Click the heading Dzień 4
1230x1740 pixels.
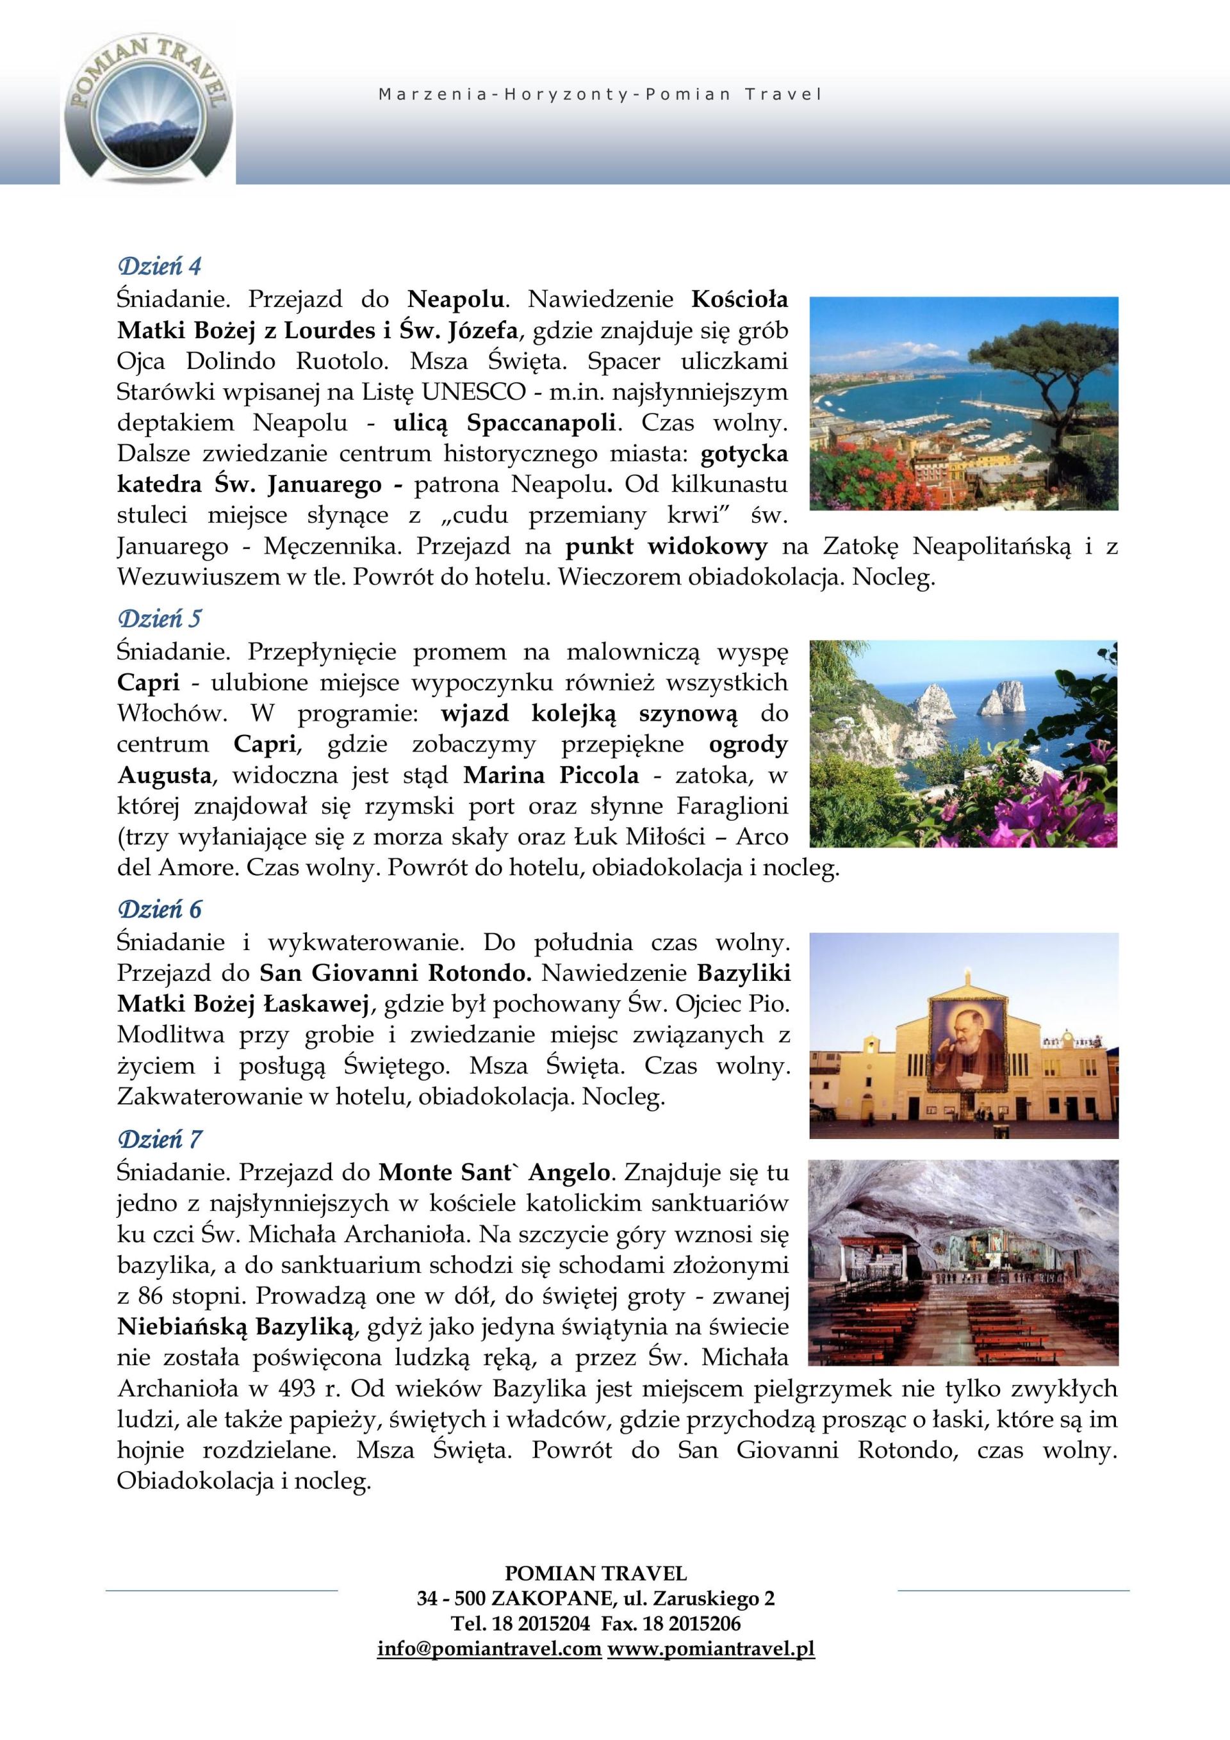pos(159,267)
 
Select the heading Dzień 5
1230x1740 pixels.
pos(159,618)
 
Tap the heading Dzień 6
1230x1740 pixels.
pos(159,910)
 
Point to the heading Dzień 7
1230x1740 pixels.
pos(159,1139)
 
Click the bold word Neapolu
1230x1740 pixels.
pos(455,299)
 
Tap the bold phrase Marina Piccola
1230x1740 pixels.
pos(551,775)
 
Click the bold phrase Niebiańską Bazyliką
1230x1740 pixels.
pos(236,1326)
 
